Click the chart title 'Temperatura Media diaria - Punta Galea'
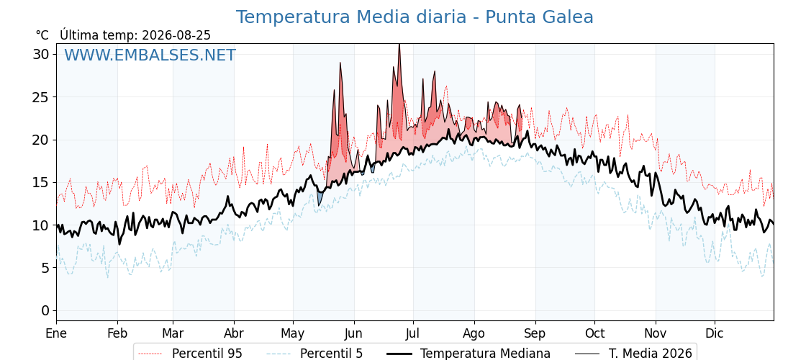[415, 17]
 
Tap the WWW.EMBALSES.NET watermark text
[150, 55]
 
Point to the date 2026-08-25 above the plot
[176, 35]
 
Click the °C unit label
[42, 35]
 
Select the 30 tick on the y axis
[41, 54]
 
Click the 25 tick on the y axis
[41, 96]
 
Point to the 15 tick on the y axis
[41, 182]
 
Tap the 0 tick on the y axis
[46, 310]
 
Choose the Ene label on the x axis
[56, 333]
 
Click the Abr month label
[234, 333]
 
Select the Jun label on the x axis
[353, 333]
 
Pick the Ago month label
[474, 333]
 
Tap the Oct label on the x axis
[594, 333]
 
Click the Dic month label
[714, 333]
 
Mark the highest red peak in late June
[399, 45]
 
